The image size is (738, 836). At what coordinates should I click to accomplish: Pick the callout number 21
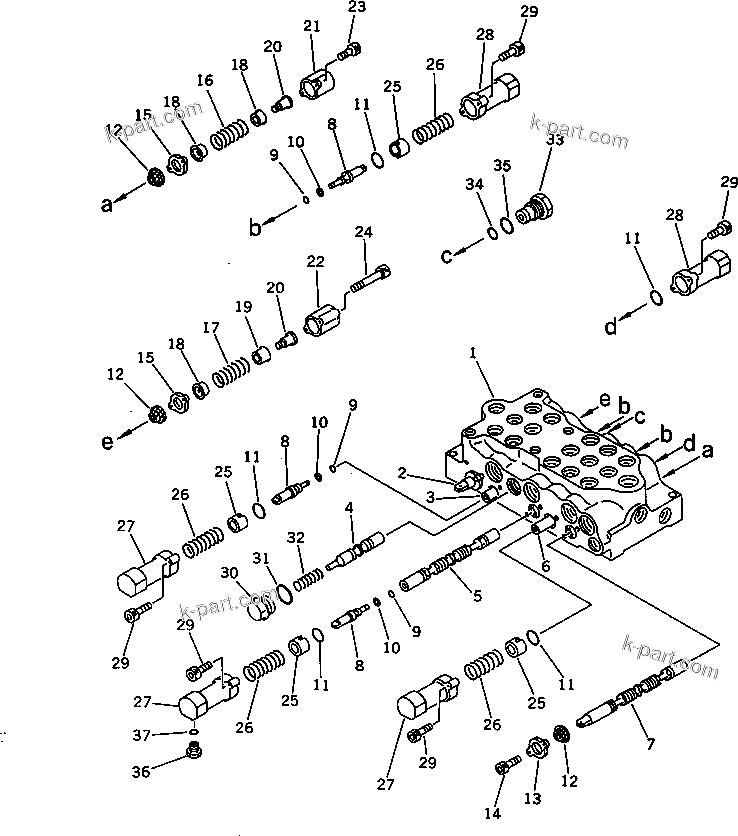[x=311, y=26]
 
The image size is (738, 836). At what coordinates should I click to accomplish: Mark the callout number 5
[x=477, y=596]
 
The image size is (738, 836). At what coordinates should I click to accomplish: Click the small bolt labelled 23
[x=350, y=48]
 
